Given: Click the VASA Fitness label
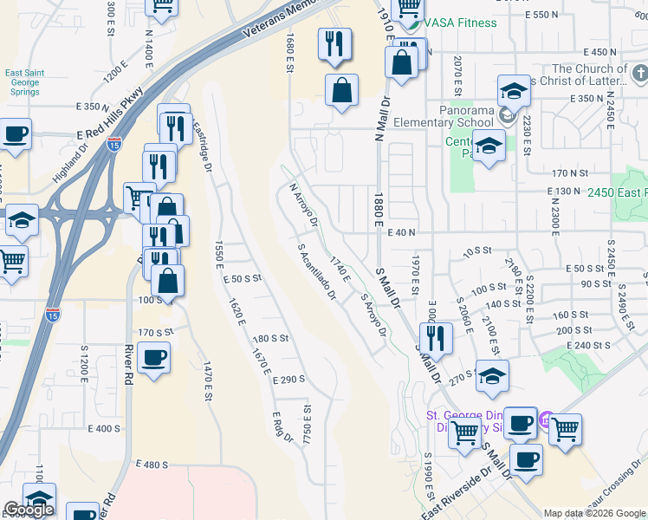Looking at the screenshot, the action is [460, 23].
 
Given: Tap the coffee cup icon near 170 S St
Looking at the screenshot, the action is [153, 357].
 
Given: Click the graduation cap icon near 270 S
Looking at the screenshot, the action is [492, 375].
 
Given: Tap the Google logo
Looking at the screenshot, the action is [29, 510].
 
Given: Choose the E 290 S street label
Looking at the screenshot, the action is [288, 380].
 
